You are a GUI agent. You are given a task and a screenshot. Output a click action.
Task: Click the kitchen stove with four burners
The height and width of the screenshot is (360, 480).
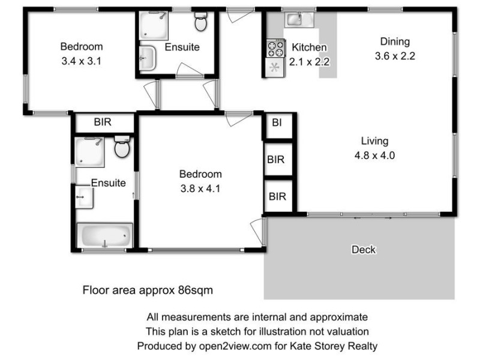[275, 47]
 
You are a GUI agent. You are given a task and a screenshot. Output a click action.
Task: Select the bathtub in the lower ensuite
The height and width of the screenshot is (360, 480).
[104, 236]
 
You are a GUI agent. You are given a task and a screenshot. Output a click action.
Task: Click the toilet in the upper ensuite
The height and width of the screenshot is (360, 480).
[200, 23]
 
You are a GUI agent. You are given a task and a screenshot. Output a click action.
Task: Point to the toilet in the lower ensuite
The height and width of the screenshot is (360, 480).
[122, 147]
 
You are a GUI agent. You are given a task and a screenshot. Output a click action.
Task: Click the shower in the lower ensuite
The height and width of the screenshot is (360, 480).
[89, 151]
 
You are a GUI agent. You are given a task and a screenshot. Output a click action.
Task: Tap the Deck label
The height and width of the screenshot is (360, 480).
[364, 249]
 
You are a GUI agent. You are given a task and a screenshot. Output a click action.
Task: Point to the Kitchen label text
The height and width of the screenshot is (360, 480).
[309, 47]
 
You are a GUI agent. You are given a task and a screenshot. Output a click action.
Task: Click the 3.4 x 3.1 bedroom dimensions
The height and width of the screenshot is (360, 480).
[81, 60]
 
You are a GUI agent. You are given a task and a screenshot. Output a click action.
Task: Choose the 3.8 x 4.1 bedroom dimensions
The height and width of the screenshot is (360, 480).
[200, 188]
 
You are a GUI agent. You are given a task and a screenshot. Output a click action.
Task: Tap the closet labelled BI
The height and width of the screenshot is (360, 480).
[277, 124]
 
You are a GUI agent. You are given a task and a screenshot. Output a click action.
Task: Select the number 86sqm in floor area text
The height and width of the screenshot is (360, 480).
[195, 290]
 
